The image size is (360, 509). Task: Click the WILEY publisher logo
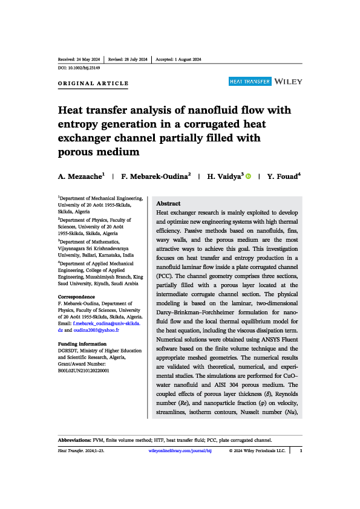[288, 81]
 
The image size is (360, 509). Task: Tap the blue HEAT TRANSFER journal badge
[250, 81]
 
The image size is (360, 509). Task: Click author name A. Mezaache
[80, 176]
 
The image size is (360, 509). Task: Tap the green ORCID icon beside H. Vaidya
[248, 176]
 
